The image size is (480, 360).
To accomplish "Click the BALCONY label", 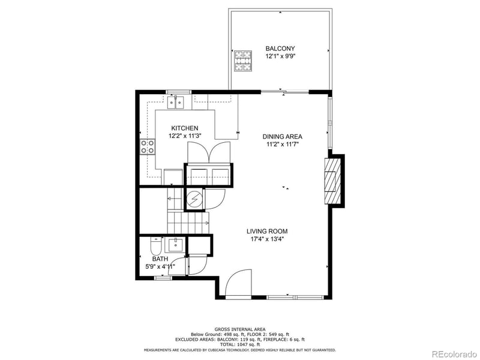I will (280, 48).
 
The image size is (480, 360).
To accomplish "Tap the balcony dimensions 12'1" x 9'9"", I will (280, 56).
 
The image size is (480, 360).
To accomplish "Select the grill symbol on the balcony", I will (244, 59).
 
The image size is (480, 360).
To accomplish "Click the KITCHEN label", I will (184, 128).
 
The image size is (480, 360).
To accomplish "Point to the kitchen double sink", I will (176, 103).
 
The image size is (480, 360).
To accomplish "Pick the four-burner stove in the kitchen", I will (146, 147).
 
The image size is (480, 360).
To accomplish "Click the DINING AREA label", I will (281, 137).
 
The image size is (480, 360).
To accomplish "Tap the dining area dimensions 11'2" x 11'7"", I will (281, 145).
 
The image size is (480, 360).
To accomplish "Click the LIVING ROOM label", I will (267, 231).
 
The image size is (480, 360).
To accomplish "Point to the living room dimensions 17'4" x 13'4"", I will (267, 239).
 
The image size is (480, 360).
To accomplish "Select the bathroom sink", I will (176, 244).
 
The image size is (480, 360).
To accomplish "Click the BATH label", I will (152, 259).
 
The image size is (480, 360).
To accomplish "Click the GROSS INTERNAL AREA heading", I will (239, 329).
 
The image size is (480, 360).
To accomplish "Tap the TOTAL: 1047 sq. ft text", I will (239, 344).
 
